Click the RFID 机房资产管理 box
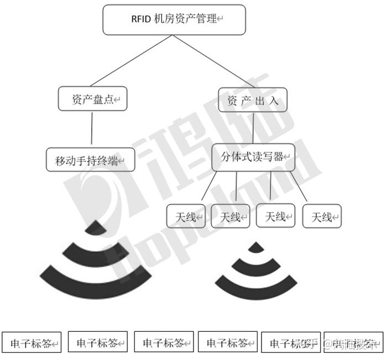(x=174, y=19)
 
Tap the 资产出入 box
(x=253, y=100)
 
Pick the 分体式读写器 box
(x=254, y=157)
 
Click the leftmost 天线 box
(x=186, y=216)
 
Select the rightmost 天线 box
(x=322, y=216)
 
